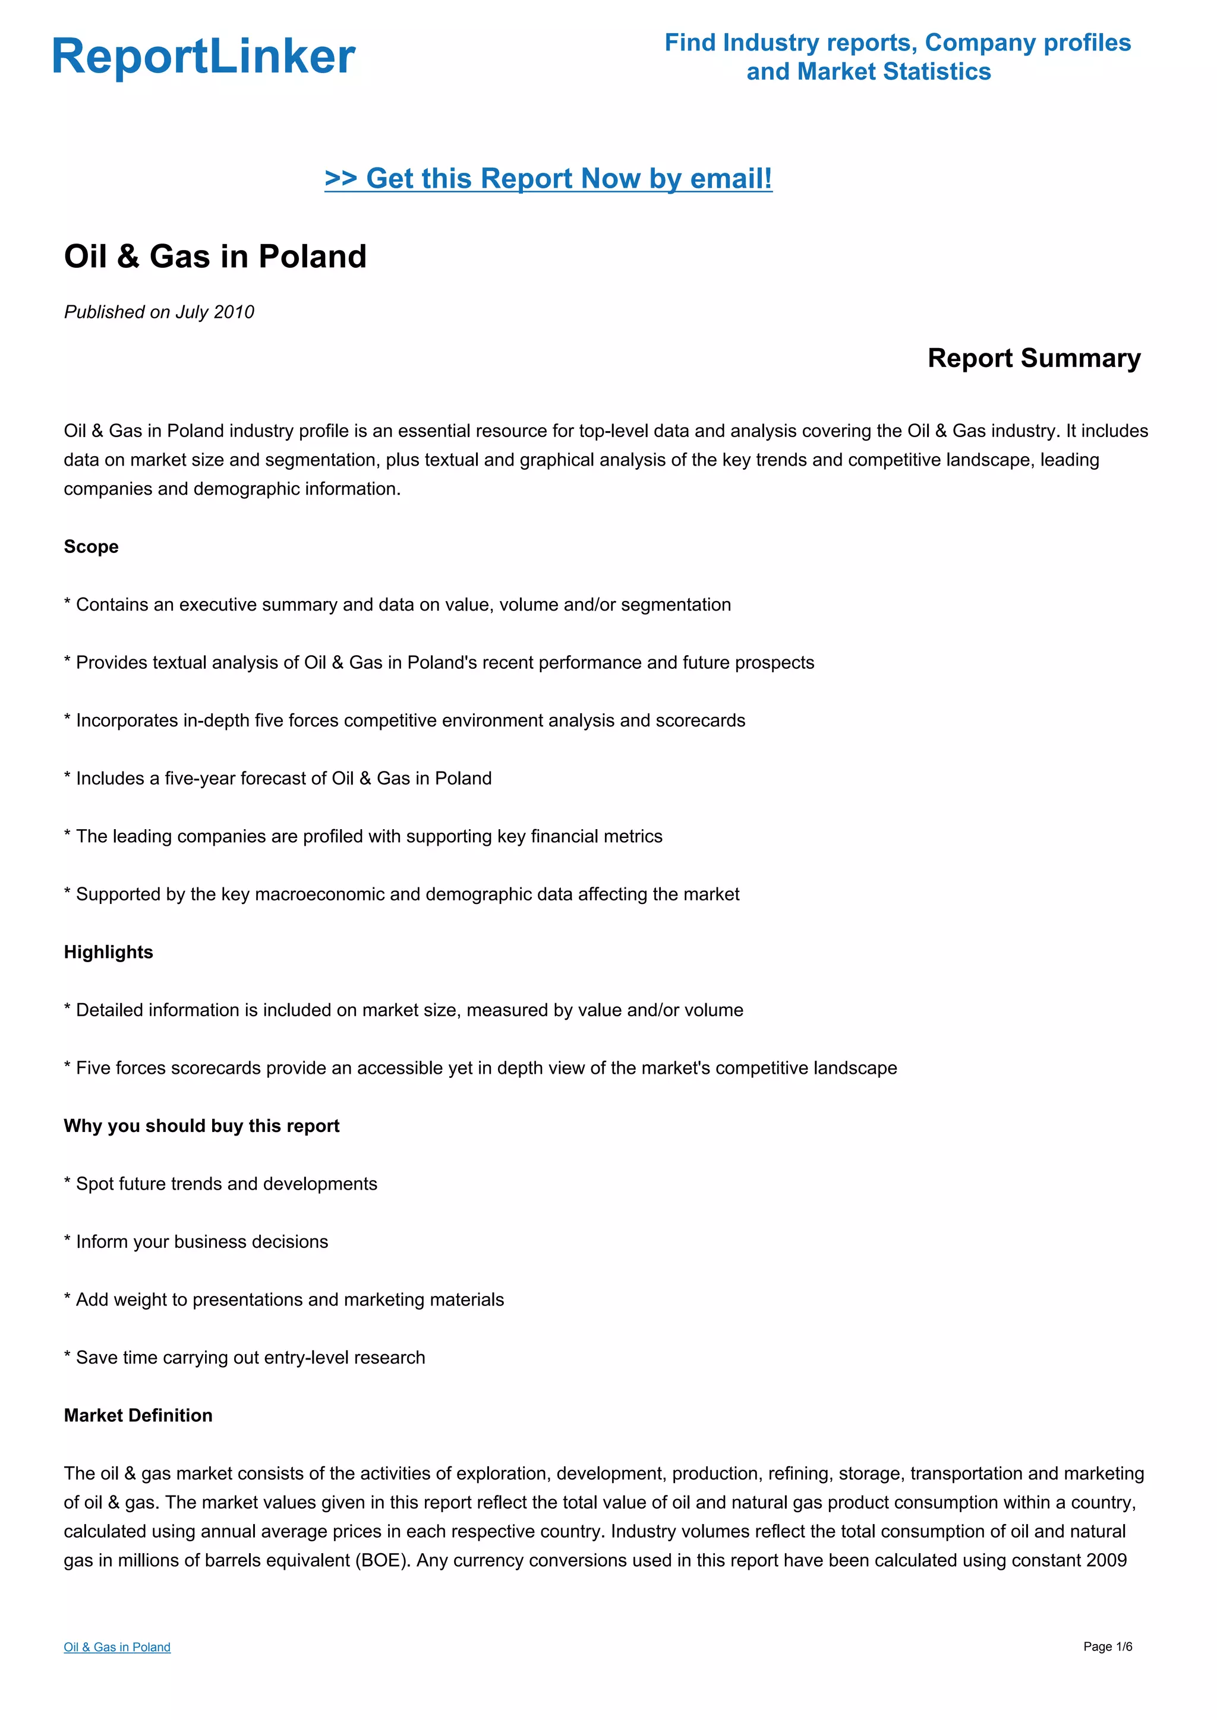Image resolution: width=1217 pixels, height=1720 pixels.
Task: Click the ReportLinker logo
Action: point(203,57)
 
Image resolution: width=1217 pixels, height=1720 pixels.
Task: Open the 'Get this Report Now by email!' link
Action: point(548,178)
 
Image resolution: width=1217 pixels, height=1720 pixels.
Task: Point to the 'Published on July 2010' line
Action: point(159,312)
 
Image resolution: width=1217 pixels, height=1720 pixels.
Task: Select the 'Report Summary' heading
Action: point(1033,358)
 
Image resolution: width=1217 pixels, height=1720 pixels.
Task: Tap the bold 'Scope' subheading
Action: point(91,547)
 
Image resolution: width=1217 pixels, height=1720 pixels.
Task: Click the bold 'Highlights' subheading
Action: point(108,952)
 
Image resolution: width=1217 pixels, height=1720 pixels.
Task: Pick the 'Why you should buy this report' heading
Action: point(201,1126)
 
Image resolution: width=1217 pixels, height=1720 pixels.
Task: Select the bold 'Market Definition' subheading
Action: point(138,1415)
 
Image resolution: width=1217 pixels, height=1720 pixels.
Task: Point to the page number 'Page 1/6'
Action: point(1107,1646)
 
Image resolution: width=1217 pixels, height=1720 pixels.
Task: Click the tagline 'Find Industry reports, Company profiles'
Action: point(897,43)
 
